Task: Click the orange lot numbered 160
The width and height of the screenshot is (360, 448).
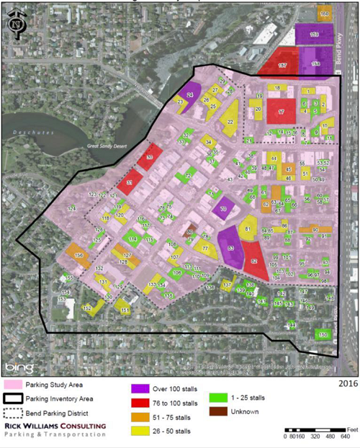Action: click(x=324, y=14)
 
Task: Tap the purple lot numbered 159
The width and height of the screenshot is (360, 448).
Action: click(x=314, y=35)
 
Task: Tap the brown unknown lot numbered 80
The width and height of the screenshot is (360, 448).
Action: click(x=191, y=231)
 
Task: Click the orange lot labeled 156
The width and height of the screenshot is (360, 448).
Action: click(x=78, y=253)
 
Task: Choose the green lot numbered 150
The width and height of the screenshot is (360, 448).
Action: click(x=321, y=335)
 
